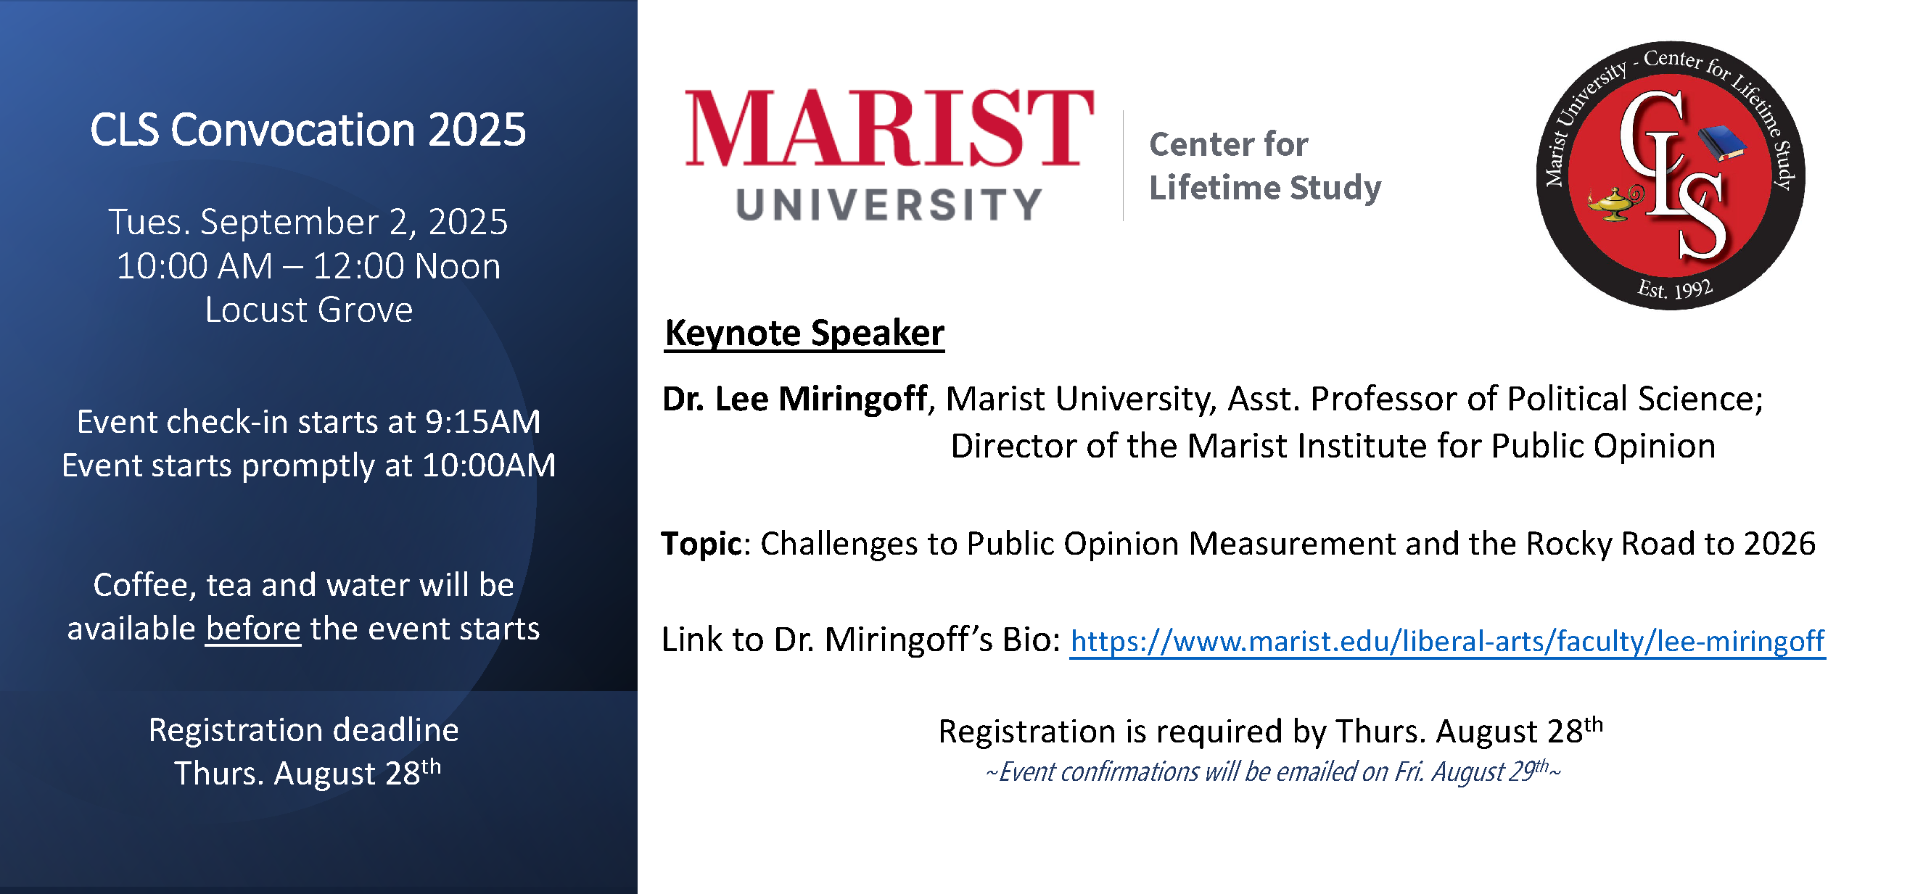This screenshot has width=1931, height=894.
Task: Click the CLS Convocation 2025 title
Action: click(x=308, y=131)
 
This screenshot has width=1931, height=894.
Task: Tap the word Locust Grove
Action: click(x=309, y=310)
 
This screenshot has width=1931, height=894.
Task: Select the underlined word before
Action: click(x=253, y=628)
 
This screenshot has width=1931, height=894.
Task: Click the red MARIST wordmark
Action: click(x=890, y=128)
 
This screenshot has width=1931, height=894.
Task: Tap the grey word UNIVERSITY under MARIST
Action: click(x=889, y=204)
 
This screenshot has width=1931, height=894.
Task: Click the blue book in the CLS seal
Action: click(x=1722, y=142)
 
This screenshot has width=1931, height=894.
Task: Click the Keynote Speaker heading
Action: click(x=804, y=334)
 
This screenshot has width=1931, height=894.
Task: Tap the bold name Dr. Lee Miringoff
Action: click(x=794, y=399)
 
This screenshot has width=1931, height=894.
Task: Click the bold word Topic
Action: click(x=701, y=543)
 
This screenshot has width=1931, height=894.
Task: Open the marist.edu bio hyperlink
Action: click(x=1447, y=642)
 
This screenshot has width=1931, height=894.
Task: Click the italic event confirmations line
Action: click(x=1273, y=771)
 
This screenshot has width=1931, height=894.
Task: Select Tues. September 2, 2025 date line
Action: click(x=308, y=223)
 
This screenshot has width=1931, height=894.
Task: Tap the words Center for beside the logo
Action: click(x=1229, y=144)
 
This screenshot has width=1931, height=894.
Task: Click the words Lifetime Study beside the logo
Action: click(x=1265, y=187)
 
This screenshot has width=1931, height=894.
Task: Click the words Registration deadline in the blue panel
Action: click(x=304, y=730)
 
